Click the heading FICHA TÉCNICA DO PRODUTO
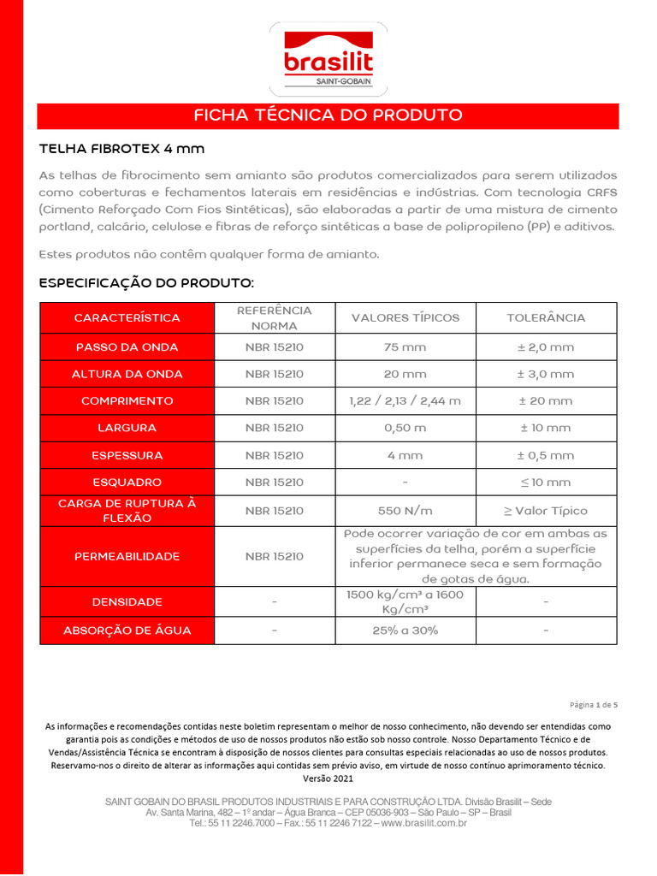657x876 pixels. [328, 115]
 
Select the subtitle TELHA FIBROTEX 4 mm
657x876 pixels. [122, 149]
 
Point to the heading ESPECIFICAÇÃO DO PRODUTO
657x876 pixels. [146, 282]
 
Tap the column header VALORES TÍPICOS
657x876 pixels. [405, 317]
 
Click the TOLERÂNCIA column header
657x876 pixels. [546, 317]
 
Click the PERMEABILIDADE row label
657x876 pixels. [127, 556]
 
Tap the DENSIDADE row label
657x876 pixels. [127, 602]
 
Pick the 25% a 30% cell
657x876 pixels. [405, 630]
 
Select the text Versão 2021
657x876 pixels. [328, 778]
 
